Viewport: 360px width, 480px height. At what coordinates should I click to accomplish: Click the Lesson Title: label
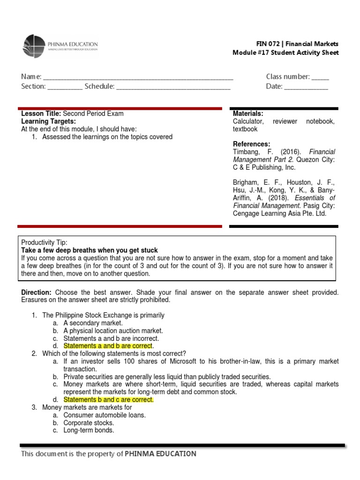click(x=41, y=113)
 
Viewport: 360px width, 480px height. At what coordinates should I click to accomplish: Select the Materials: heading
click(x=248, y=113)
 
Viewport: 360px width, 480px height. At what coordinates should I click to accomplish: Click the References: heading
click(x=251, y=144)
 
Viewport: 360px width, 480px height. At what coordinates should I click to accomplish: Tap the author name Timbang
click(x=247, y=152)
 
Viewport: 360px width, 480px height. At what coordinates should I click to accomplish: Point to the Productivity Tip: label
click(x=45, y=242)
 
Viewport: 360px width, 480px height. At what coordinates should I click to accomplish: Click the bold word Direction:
click(x=37, y=292)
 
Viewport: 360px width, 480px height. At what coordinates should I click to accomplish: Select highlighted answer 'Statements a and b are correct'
click(x=108, y=346)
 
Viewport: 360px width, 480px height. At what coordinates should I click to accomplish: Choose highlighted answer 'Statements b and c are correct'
click(x=108, y=400)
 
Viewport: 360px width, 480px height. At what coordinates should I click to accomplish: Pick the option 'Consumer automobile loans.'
click(x=105, y=415)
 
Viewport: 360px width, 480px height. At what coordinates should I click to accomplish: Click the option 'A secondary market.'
click(x=93, y=323)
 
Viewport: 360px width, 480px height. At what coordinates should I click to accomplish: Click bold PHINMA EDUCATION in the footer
click(x=160, y=454)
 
